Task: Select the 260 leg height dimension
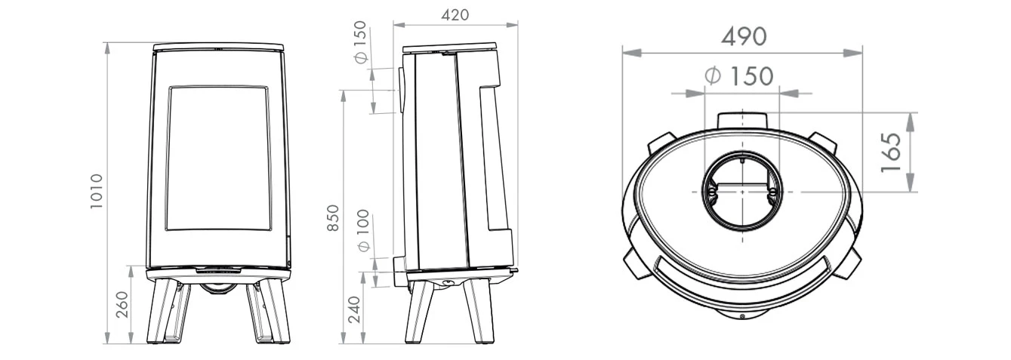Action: tap(121, 305)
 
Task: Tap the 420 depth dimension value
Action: tap(455, 14)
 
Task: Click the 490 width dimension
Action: tap(743, 35)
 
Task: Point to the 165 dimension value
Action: tap(892, 152)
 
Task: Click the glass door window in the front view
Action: tap(217, 158)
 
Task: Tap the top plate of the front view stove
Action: tap(219, 47)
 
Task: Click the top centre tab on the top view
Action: tap(744, 120)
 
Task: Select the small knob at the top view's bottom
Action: tap(743, 315)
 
